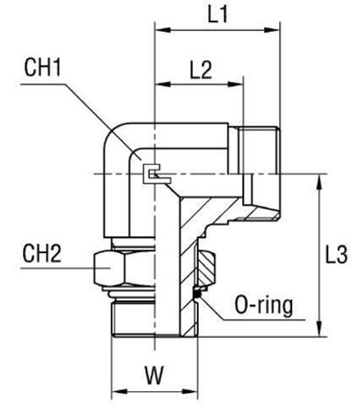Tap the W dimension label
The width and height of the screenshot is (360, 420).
[x=152, y=377]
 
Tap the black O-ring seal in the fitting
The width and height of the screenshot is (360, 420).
[x=197, y=292]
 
